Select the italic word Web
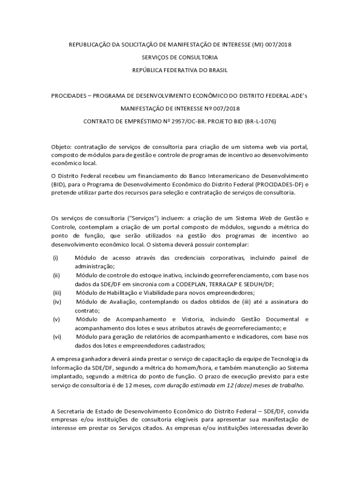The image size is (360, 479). pos(266,218)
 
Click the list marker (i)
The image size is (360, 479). pos(56,258)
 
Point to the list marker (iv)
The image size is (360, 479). pos(57,302)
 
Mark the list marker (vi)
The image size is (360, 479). pos(57,337)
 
